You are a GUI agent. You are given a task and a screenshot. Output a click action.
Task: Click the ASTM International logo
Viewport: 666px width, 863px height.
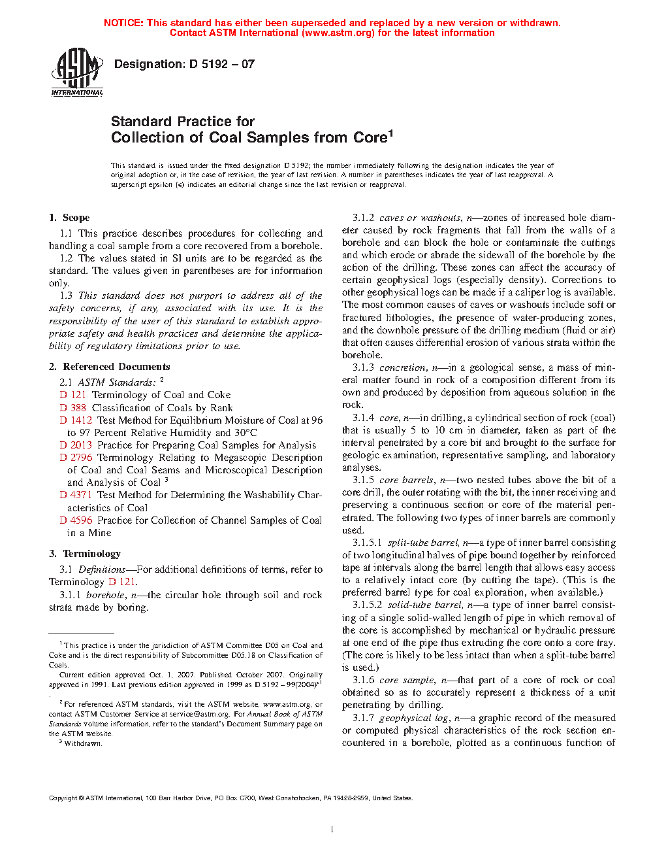point(77,72)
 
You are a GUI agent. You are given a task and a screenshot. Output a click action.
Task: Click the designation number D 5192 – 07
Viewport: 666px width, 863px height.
point(221,64)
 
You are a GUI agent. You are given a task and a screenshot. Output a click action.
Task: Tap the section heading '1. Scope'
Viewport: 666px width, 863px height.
point(69,218)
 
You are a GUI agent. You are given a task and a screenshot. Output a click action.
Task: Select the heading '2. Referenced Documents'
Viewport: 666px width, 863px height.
point(110,367)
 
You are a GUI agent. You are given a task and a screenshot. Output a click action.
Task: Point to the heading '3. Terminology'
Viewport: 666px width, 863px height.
point(85,554)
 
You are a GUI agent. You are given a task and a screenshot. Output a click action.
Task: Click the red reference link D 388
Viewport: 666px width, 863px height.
point(73,408)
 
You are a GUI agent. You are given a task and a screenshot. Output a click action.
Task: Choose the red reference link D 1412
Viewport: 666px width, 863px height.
point(76,420)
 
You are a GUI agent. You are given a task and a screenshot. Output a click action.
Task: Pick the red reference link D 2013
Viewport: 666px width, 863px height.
point(76,445)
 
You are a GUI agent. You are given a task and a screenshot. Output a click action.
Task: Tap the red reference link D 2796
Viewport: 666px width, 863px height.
point(76,458)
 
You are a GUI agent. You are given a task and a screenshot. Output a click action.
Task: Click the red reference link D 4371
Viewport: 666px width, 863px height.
point(76,495)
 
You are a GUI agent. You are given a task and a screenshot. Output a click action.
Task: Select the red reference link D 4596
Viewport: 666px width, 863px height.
point(76,520)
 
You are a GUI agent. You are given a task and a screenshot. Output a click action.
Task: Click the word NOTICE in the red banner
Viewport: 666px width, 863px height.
point(123,23)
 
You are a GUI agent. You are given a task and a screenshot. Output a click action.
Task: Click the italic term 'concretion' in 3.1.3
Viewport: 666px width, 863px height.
point(402,367)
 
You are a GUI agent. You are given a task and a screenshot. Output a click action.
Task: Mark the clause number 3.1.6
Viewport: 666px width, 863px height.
point(364,680)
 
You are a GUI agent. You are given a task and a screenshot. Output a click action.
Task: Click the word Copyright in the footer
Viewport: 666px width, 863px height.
point(63,798)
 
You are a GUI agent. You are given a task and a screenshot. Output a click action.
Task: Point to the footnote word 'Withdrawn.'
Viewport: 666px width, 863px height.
point(84,743)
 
